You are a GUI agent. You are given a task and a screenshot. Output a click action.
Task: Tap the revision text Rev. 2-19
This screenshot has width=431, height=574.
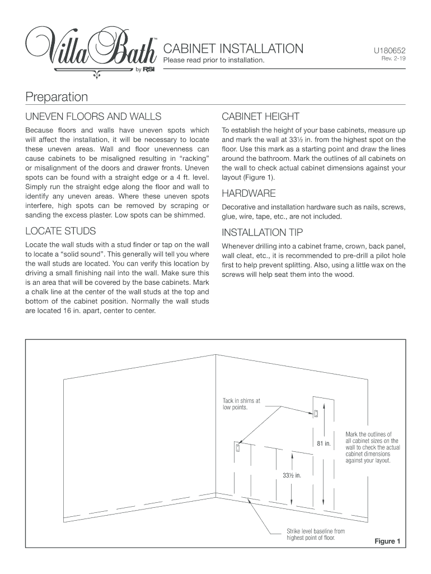point(393,59)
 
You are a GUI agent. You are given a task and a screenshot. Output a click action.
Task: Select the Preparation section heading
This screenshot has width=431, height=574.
point(57,97)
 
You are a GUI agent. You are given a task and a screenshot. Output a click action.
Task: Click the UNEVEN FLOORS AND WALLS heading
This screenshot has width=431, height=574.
point(93,117)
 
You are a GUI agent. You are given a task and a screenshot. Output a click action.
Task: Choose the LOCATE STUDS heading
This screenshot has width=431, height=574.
point(60,231)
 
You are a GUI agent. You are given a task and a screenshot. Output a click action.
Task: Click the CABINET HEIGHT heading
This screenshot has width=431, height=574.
point(260,117)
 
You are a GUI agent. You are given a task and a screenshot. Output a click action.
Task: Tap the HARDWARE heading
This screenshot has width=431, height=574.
point(249,193)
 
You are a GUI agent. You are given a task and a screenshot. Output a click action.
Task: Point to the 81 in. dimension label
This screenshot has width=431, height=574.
point(324,444)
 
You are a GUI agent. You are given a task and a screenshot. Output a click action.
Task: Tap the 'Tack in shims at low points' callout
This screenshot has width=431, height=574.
point(241,404)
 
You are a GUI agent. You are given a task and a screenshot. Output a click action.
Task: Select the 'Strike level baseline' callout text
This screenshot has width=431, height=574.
point(315,534)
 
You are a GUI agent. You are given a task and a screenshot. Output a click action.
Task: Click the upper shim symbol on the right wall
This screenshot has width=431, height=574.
point(316,414)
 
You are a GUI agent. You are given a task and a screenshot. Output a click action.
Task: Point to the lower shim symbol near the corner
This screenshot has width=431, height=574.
point(238,448)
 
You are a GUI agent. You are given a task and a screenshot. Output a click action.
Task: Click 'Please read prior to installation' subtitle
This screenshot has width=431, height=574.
point(213,60)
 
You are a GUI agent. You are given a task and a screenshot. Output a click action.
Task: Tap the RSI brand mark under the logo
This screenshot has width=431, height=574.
point(149,70)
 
